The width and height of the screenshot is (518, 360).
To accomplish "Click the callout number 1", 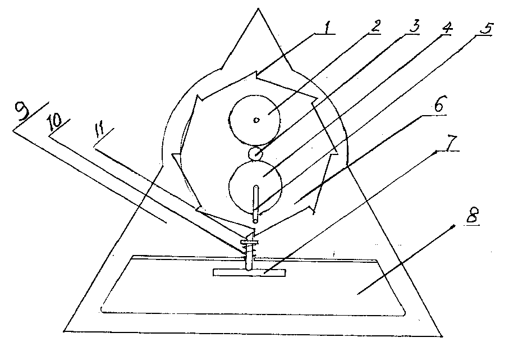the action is point(327,27).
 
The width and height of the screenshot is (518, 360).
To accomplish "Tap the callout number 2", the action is point(375,26).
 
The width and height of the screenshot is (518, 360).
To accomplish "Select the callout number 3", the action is point(414,25).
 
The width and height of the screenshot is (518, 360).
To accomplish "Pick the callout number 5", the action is point(486,29).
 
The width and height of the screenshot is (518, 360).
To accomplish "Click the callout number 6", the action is point(441,104).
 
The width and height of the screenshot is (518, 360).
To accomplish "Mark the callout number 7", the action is point(452,143).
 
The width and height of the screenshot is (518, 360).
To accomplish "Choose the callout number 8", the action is point(473,215).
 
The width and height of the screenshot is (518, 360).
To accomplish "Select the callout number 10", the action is point(54,122).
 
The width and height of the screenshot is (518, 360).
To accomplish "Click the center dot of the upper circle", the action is point(256,120).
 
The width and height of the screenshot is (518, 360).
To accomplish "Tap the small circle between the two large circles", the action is point(255,153).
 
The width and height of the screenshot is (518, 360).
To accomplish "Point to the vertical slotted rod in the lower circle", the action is point(256,204).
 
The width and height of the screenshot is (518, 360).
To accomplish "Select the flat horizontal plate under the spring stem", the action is point(249,272).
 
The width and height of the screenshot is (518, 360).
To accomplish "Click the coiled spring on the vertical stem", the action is point(250,250).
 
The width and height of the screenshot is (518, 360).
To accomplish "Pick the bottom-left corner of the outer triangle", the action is point(64,330).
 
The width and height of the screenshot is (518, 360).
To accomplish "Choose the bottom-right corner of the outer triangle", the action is point(442,336).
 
